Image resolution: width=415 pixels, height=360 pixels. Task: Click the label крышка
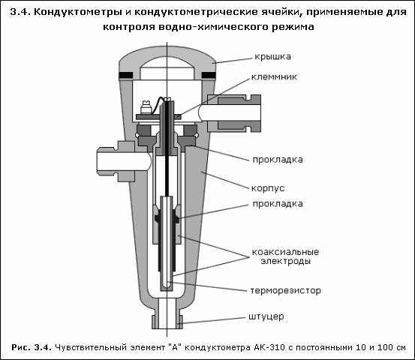272,57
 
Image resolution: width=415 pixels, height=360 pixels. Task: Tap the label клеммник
274,77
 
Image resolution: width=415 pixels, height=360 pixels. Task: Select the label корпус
268,188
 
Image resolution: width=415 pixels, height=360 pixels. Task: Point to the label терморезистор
286,291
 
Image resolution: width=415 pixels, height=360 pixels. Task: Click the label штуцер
266,316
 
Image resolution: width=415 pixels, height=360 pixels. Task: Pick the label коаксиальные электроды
286,256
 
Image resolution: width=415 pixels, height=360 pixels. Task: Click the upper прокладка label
278,160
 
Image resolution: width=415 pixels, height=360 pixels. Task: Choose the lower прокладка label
278,204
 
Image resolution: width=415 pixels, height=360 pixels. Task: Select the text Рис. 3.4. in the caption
32,347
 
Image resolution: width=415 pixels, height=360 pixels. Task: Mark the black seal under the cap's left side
126,76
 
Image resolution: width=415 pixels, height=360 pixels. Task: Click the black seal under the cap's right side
209,76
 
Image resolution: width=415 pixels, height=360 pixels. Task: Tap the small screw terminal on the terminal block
146,107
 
